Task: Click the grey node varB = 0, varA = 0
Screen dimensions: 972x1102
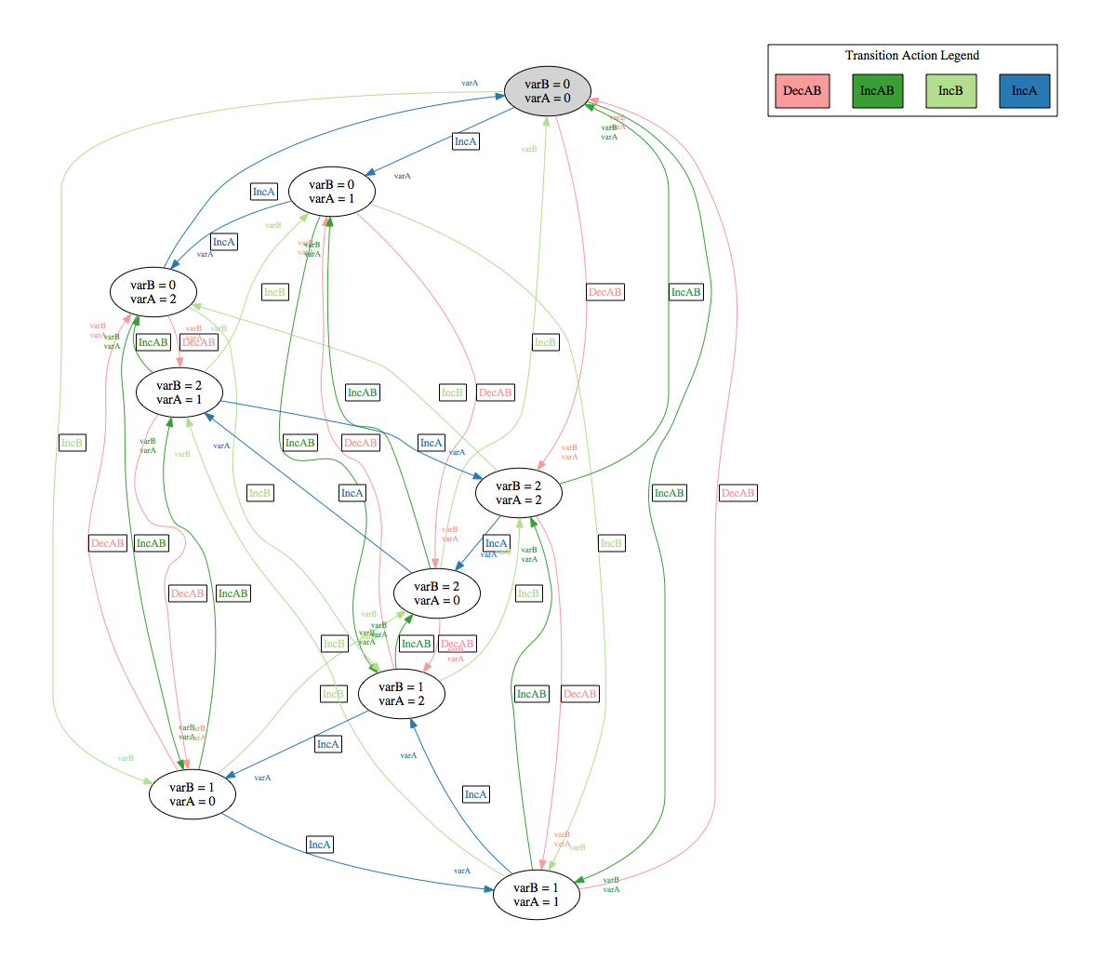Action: (548, 91)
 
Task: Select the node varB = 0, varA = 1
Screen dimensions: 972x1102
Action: (332, 192)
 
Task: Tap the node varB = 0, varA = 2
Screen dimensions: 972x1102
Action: (153, 292)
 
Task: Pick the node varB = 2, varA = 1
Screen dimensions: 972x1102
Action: (179, 393)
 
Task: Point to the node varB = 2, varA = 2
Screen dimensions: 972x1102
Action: (519, 493)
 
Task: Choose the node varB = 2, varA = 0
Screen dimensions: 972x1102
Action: (437, 593)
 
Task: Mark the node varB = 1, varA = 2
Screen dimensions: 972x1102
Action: (401, 694)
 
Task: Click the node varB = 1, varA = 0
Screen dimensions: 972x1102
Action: (193, 794)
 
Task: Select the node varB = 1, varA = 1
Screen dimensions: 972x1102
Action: (537, 895)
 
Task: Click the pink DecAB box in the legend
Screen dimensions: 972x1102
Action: (802, 91)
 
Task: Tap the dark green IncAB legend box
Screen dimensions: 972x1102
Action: (877, 91)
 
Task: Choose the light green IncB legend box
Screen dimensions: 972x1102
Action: (950, 91)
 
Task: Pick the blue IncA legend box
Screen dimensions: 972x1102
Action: (1024, 91)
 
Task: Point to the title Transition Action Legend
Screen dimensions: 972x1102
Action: (911, 56)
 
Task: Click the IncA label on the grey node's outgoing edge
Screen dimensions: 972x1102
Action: (466, 141)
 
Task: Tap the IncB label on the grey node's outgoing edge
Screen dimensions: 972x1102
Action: (72, 443)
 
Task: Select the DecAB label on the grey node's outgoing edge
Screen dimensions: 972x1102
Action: (604, 292)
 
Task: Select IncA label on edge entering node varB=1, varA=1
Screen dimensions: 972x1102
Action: (319, 845)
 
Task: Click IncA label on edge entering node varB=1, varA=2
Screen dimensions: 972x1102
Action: (475, 794)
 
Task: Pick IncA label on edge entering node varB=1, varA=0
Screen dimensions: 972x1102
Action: (328, 744)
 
